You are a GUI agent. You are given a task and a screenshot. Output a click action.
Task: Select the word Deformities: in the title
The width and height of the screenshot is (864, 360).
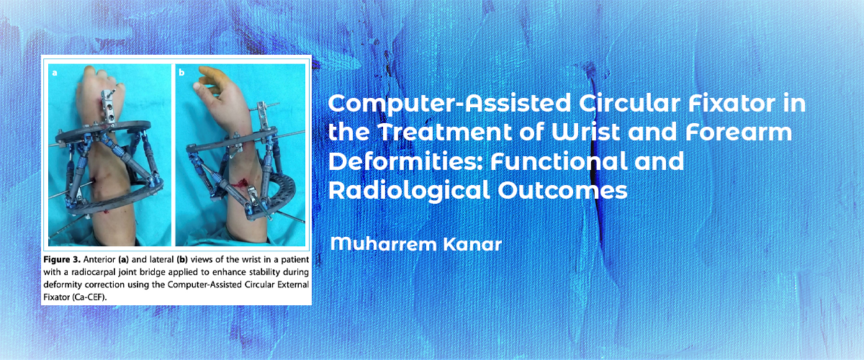[x=406, y=162]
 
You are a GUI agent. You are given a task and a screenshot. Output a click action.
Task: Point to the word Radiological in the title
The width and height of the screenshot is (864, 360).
[x=409, y=191]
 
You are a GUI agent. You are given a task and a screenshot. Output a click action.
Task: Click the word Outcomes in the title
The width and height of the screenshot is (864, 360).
[x=562, y=191]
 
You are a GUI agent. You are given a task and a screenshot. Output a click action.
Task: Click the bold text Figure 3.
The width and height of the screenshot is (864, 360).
[x=62, y=259]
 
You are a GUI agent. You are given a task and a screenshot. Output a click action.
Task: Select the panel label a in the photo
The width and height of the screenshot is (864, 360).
[x=55, y=73]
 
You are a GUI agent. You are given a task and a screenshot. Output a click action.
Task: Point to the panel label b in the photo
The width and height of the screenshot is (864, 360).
[x=181, y=72]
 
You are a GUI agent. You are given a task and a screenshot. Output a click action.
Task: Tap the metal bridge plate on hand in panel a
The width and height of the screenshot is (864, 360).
[x=107, y=106]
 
